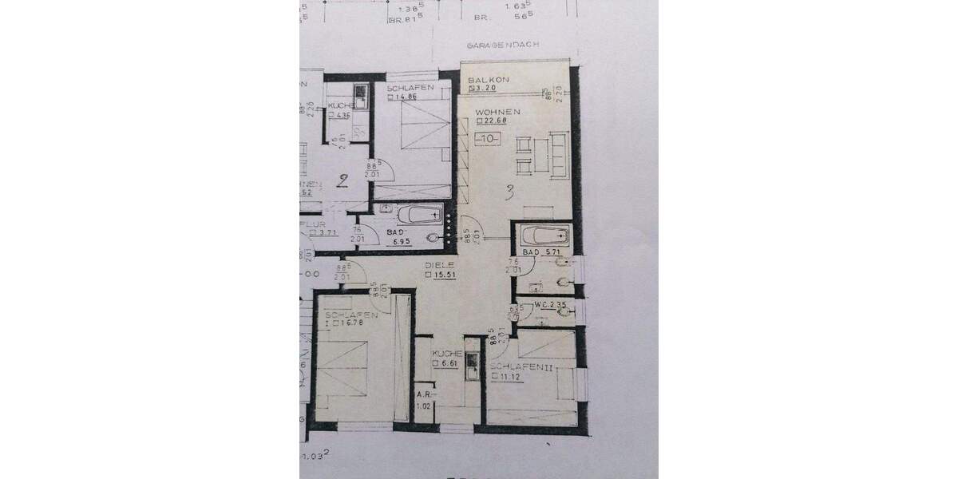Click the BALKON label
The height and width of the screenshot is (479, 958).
484,81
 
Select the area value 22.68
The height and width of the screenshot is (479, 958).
492,122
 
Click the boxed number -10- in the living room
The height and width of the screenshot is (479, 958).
487,139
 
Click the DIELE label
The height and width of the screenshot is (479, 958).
440,265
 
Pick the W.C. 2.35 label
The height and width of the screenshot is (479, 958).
550,303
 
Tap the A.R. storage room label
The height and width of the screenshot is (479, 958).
424,394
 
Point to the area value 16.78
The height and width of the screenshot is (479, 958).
351,323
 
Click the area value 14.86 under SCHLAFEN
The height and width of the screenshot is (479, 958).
407,97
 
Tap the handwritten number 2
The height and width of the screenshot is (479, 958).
342,180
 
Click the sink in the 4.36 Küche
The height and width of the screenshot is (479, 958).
360,96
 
